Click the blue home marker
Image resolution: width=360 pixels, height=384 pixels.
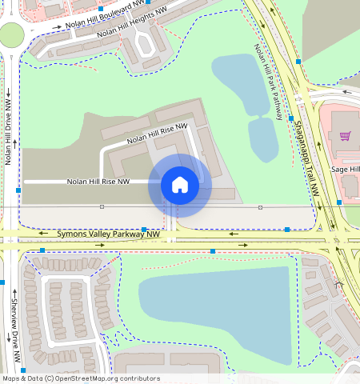(x=180, y=185)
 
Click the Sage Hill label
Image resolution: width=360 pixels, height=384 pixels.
(x=346, y=170)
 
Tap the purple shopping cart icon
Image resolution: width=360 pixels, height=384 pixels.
(x=345, y=135)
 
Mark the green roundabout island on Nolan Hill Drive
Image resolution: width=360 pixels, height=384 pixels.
(x=11, y=35)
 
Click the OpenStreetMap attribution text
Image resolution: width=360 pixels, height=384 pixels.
(x=81, y=378)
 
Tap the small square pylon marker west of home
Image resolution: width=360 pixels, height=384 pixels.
(x=102, y=206)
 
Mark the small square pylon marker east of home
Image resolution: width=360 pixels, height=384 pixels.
(x=260, y=207)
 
